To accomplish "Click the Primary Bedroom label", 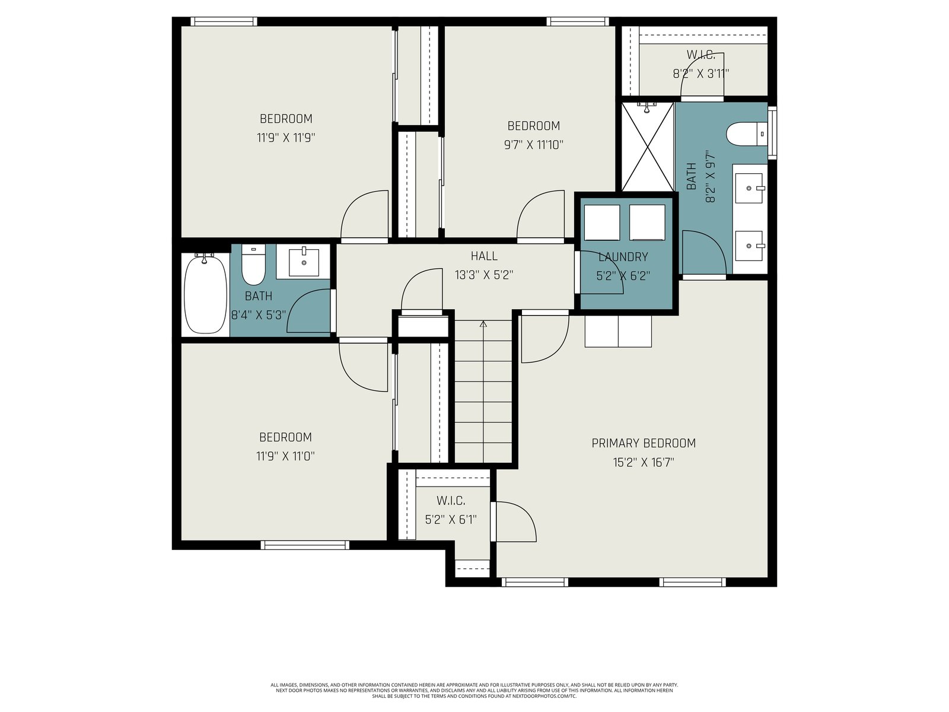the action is tap(644, 443).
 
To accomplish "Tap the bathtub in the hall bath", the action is tap(205, 294).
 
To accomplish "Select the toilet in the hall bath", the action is tap(253, 265).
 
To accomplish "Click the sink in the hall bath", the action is tap(304, 262).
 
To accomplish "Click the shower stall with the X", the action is tap(648, 147).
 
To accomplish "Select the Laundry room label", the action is tap(623, 258).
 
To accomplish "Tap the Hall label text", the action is tap(484, 256).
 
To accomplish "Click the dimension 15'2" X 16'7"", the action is tap(644, 463).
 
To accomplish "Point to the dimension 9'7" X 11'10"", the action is tap(533, 145).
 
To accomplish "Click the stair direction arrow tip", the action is tap(483, 321).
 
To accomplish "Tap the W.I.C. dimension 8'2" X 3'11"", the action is tap(700, 74).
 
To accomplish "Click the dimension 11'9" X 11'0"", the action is tap(285, 456).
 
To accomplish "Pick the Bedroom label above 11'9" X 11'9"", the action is tap(286, 119).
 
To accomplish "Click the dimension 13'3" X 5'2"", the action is tap(484, 275).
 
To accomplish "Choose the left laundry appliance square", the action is tap(602, 222).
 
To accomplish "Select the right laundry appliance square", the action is tap(647, 222).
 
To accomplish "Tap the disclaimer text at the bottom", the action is tap(474, 691).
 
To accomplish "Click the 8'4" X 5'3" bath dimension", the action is tap(258, 314).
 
